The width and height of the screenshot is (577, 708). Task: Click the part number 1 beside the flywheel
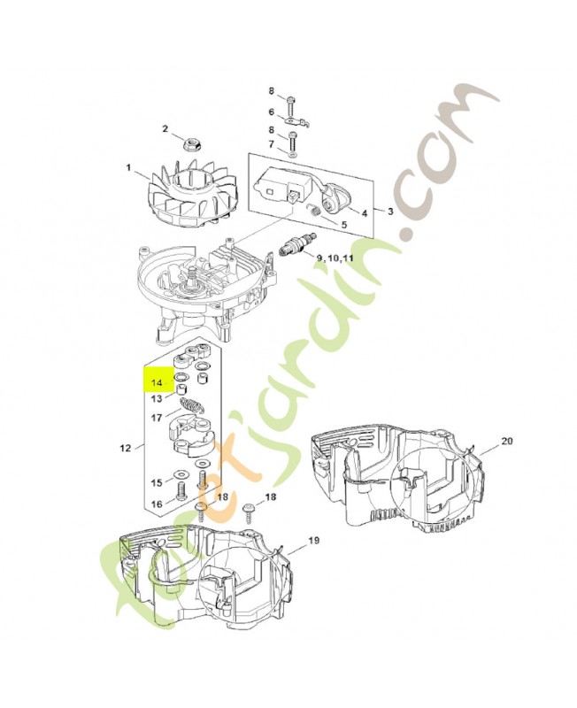pos(128,168)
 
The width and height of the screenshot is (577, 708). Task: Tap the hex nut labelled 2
pos(193,144)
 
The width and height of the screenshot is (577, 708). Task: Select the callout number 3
pos(390,211)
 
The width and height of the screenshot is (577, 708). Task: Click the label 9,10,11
pos(335,258)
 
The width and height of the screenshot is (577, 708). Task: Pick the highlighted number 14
pos(157,383)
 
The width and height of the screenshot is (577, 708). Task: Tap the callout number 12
pos(125,448)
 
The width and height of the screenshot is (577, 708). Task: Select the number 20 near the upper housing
pos(506,440)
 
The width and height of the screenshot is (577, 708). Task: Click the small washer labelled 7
pos(293,155)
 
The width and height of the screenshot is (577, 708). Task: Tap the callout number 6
pos(272,112)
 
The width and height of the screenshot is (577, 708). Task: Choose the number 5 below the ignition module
pos(343,224)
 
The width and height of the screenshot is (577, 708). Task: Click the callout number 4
pos(365,212)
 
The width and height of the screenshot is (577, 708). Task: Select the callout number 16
pos(157,504)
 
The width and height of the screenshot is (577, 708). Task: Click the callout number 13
pos(157,399)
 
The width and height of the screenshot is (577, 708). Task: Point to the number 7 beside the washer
pos(272,144)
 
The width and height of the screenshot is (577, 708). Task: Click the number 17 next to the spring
pos(157,418)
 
